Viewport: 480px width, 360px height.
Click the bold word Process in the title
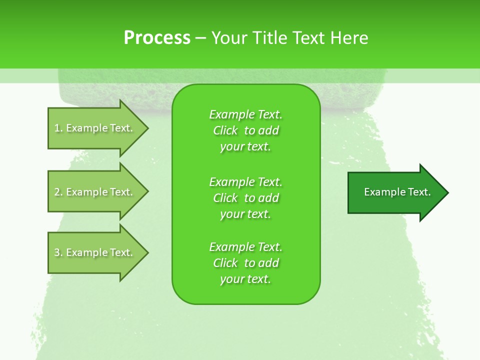(x=157, y=38)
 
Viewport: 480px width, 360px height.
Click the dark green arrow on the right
(x=395, y=192)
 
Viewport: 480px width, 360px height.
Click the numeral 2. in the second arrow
(x=58, y=192)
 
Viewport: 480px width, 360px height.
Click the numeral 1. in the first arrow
(x=58, y=128)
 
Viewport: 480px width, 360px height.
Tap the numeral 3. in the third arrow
(x=58, y=252)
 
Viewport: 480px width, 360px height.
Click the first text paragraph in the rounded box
(x=245, y=130)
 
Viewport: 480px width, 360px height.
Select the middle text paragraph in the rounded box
(x=245, y=197)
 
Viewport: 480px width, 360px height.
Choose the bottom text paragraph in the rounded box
(x=245, y=263)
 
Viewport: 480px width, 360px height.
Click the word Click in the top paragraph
(x=225, y=130)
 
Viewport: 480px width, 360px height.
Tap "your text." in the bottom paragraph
(x=245, y=279)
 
